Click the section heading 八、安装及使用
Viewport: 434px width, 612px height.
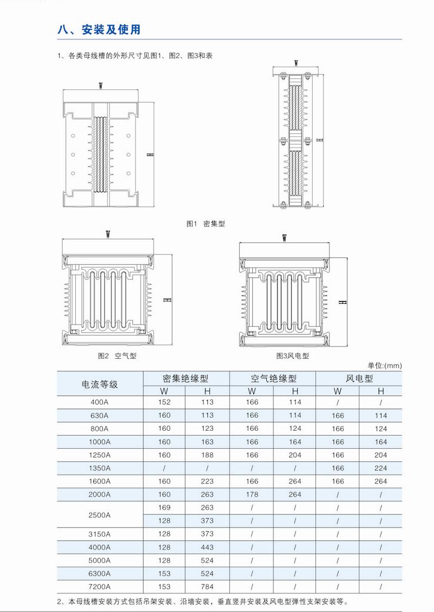[x=99, y=30]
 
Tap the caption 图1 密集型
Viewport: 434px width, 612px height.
[x=205, y=224]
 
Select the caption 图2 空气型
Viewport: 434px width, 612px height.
[x=117, y=356]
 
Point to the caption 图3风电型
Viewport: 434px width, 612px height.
[x=292, y=356]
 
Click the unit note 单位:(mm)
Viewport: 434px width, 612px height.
[x=384, y=365]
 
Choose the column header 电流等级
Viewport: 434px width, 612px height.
[x=100, y=384]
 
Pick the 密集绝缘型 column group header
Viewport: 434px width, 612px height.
[x=186, y=378]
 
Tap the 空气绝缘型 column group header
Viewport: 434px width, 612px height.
[x=273, y=378]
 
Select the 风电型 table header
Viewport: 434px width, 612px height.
[x=359, y=378]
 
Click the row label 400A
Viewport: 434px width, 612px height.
[x=100, y=402]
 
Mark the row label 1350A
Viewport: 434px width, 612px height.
[x=100, y=468]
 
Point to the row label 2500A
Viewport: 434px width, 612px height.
[x=100, y=515]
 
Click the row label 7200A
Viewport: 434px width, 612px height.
[x=100, y=587]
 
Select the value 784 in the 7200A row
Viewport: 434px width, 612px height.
[x=207, y=587]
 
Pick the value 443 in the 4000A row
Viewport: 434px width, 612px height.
[x=207, y=547]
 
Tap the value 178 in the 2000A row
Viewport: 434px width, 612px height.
[x=252, y=494]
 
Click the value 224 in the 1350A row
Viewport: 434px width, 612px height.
[x=381, y=468]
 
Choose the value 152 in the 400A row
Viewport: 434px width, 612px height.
[x=164, y=402]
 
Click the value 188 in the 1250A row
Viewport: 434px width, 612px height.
[x=207, y=455]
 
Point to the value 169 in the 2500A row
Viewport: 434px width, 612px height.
[x=164, y=508]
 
